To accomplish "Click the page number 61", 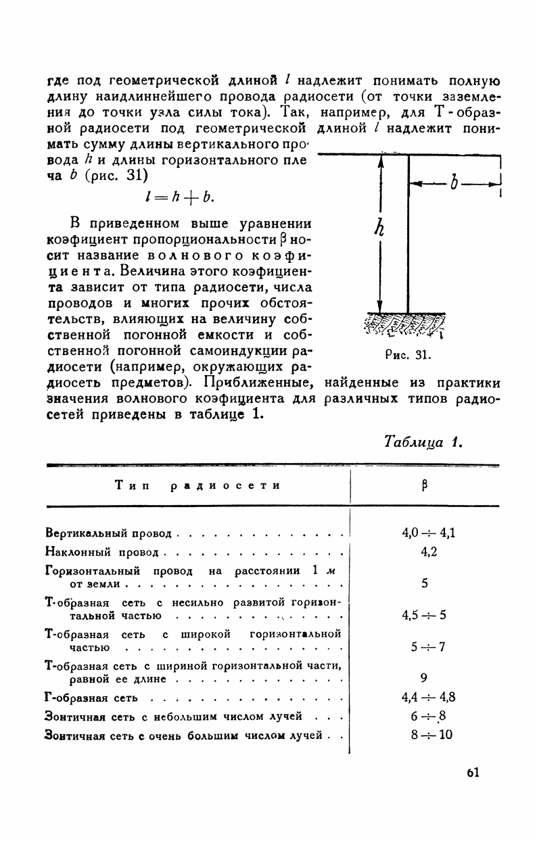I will (x=473, y=772).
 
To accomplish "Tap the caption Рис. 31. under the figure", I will (x=408, y=354).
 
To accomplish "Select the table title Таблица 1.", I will (x=423, y=442).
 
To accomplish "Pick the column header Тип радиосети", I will (x=197, y=485).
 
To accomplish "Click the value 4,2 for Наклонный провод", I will (x=428, y=552).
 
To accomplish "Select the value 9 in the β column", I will (x=424, y=677).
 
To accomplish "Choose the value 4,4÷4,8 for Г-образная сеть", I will (x=428, y=697).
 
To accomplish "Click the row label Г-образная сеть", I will (x=91, y=697).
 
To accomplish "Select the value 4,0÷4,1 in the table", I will (x=428, y=533).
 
